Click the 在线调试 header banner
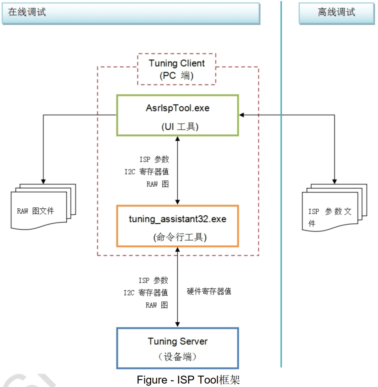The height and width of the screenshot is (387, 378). tap(130, 13)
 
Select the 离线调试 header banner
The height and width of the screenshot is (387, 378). tap(336, 13)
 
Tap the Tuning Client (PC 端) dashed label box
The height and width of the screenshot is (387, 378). tap(176, 69)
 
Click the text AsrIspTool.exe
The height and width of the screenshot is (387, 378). tap(178, 108)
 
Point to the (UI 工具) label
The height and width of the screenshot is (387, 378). tap(180, 127)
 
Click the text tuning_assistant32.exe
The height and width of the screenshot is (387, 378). tap(178, 219)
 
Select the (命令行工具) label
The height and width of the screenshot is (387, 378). tap(180, 237)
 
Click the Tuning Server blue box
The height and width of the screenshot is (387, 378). tap(178, 348)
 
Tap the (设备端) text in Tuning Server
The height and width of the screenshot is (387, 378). tap(178, 357)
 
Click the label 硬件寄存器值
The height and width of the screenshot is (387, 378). tap(209, 291)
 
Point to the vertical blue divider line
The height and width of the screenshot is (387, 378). tap(281, 187)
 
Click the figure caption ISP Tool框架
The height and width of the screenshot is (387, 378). tap(188, 380)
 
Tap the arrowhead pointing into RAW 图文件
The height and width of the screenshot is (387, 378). tap(43, 181)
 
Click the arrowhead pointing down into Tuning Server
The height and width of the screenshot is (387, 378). tap(178, 324)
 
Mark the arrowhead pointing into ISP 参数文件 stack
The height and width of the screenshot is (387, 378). tap(335, 181)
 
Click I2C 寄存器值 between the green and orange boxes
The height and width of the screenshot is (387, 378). tap(147, 172)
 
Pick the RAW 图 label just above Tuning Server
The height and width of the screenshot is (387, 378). tap(157, 305)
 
